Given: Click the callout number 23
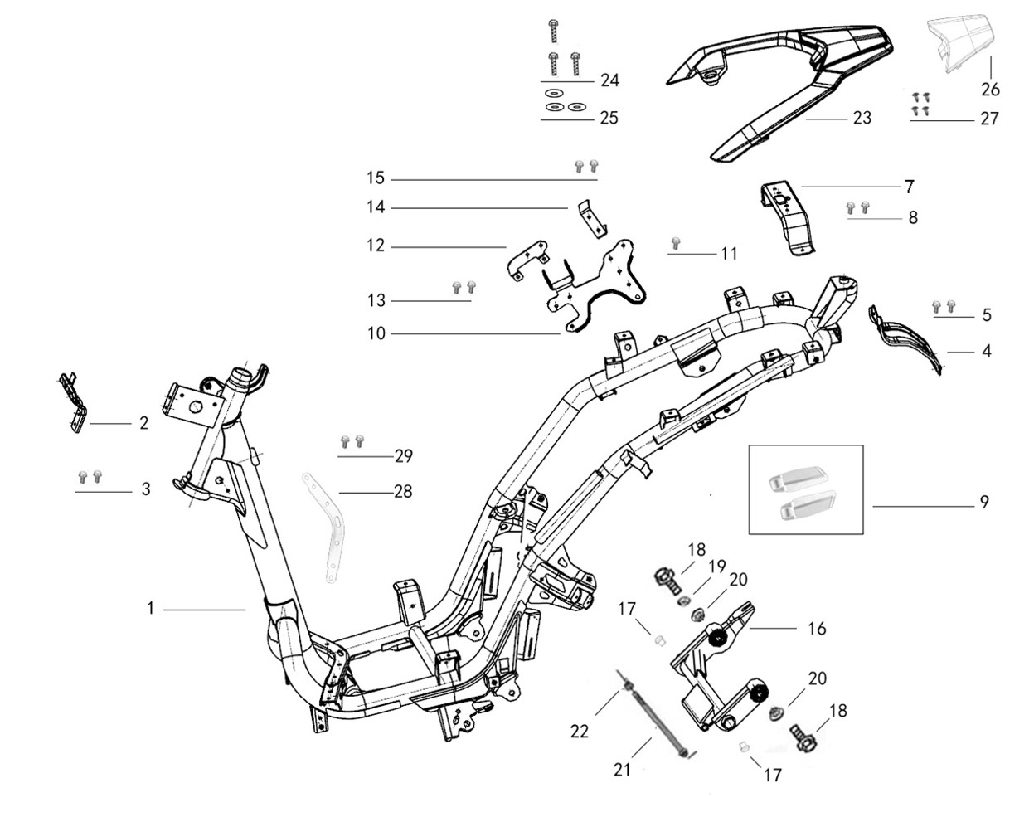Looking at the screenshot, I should point(862,118).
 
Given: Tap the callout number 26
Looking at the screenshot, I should point(991,89).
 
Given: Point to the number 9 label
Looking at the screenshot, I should point(984,502).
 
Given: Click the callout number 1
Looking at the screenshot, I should point(151,609).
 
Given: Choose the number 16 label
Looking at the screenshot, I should point(817,629).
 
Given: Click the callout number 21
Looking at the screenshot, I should point(623,770).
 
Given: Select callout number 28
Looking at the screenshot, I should point(403,492).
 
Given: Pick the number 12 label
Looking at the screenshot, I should point(376,246).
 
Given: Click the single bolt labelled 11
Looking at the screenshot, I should point(676,244).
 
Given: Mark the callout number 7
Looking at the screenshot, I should point(909,186).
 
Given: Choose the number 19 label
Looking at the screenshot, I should point(716,567).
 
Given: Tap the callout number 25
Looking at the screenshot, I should point(609,118).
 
